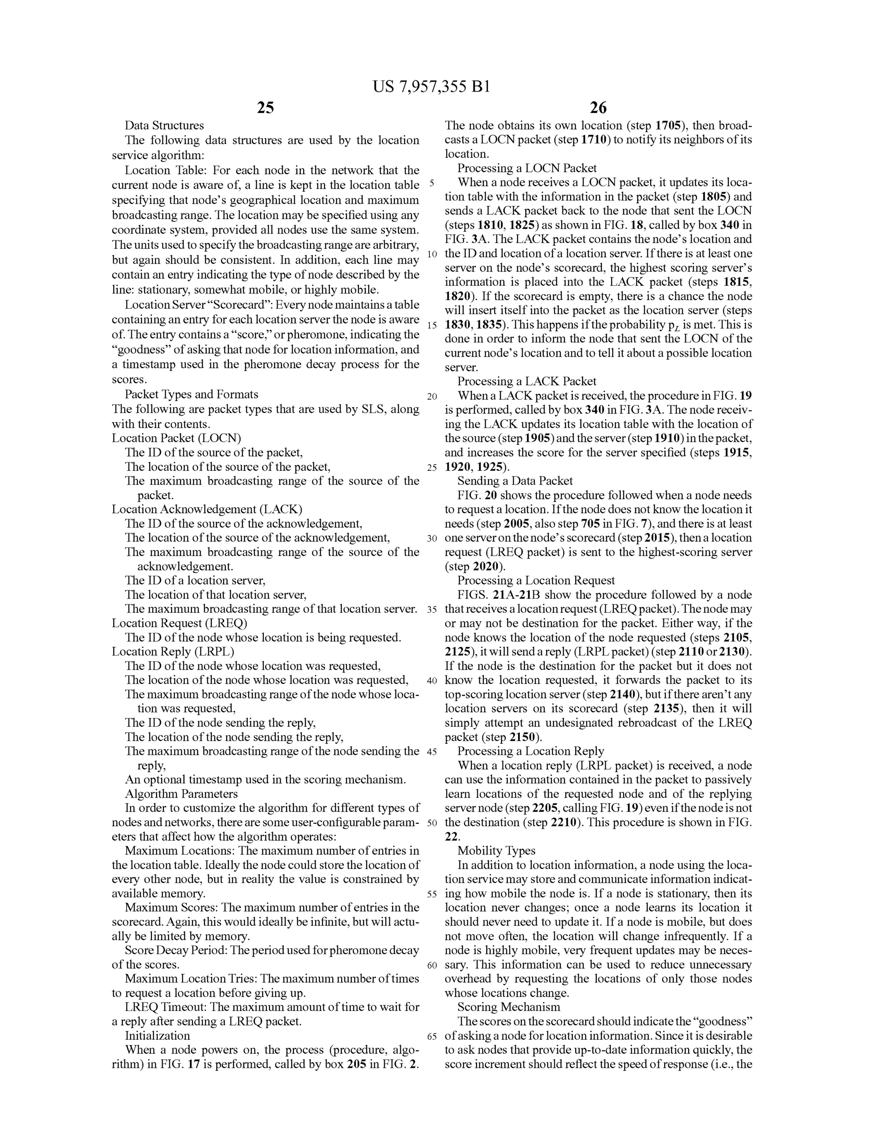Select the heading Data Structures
[164, 126]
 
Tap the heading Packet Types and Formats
[191, 394]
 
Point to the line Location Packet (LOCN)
[176, 438]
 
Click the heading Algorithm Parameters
[181, 793]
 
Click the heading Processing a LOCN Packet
[527, 168]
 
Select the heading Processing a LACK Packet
[527, 381]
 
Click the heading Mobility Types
[497, 850]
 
